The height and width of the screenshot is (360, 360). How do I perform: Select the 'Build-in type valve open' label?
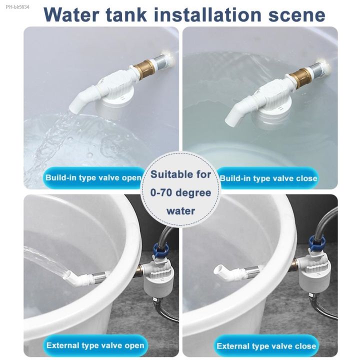[93, 177]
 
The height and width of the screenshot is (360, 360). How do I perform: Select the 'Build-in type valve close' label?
[268, 178]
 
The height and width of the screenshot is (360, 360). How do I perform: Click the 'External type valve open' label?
[95, 345]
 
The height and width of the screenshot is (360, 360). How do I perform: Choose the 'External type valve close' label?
[266, 345]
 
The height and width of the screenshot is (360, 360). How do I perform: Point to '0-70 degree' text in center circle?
[180, 192]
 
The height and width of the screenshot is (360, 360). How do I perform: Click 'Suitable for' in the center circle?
[180, 174]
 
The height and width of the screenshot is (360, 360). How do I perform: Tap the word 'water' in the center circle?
[180, 210]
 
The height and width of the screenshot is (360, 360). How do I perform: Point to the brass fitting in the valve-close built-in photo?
[300, 76]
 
